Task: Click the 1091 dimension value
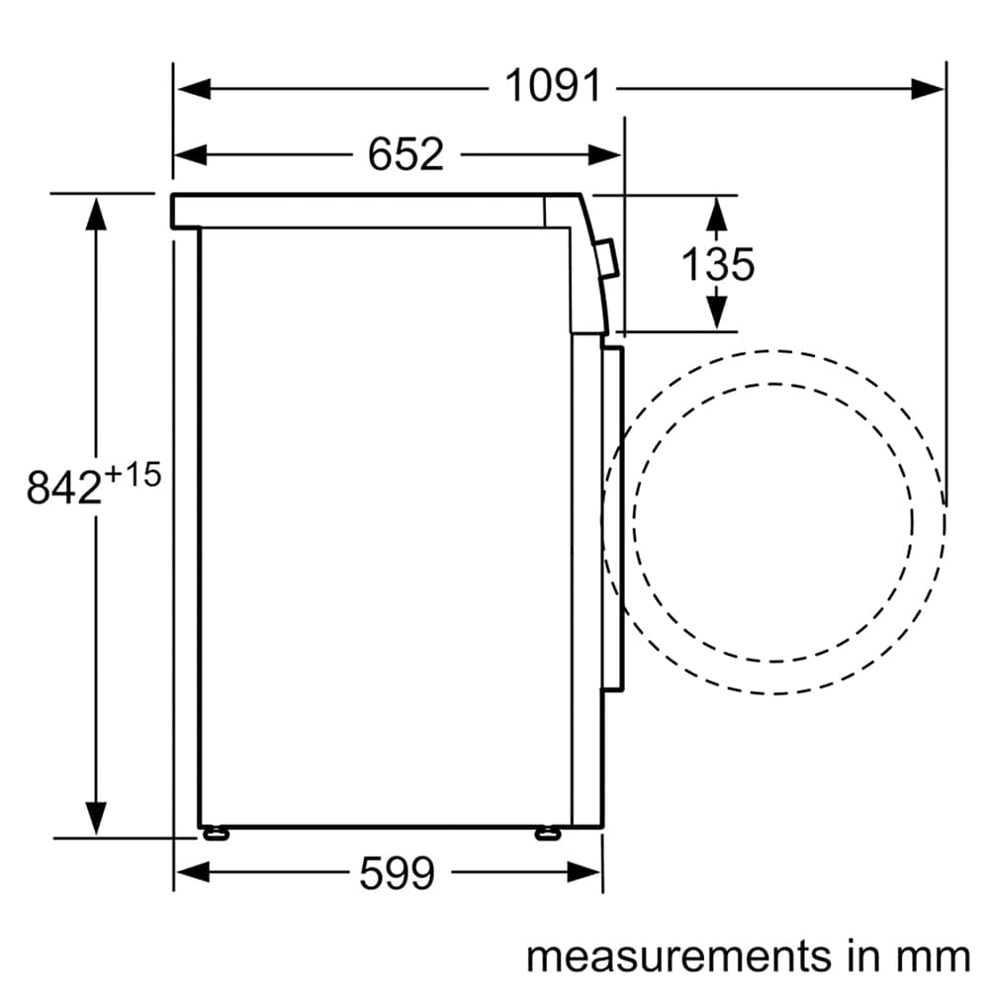point(553,86)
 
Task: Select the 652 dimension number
point(405,154)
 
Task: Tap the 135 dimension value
point(718,264)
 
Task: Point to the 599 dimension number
point(397,873)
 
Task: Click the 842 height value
point(63,487)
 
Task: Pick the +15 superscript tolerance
point(133,475)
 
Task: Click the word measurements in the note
point(678,956)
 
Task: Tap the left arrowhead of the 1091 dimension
point(194,88)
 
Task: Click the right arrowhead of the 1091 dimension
point(928,88)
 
